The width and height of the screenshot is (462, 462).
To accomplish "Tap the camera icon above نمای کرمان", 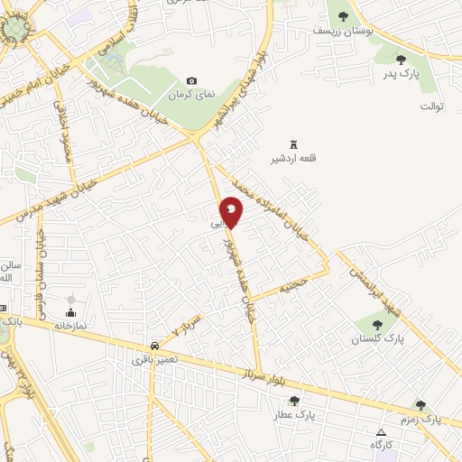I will coord(191,81).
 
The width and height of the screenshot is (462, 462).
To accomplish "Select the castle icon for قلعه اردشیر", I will coord(291,144).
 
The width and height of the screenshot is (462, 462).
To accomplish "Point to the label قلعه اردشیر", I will coord(291,160).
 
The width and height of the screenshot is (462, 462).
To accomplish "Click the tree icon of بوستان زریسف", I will coord(342,15).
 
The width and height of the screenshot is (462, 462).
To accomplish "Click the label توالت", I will coord(432,106).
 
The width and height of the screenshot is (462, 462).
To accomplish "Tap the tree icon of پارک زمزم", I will coord(420,405).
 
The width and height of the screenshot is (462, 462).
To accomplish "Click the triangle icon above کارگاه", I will coord(381,432).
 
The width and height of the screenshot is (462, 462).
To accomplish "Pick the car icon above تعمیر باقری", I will coord(155,346).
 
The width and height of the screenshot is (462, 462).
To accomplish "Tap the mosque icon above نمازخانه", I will coord(70,311).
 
